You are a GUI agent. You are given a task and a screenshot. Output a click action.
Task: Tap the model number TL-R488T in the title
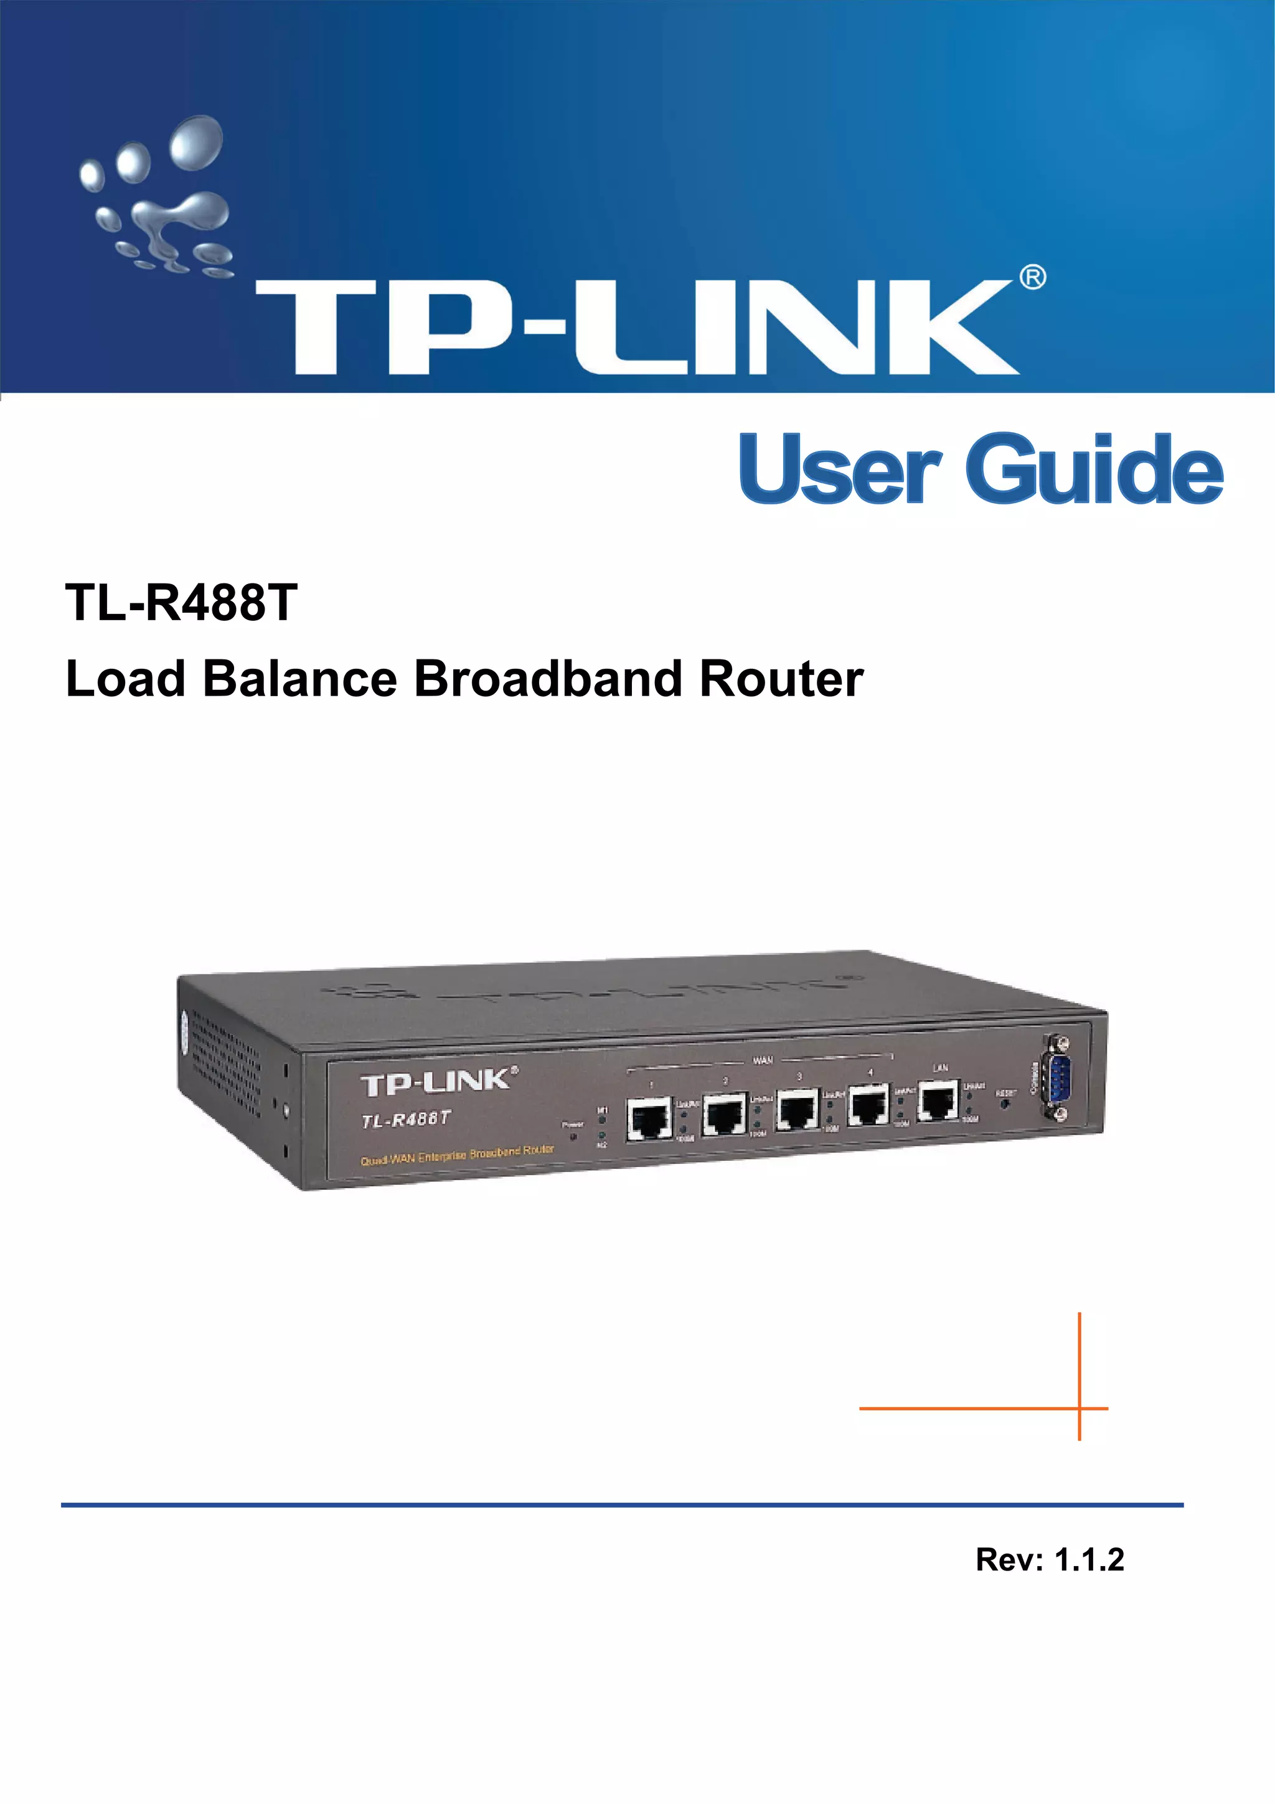point(181,603)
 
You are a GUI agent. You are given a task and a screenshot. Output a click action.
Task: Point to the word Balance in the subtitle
point(299,679)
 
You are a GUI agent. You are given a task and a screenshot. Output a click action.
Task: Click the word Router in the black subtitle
point(782,679)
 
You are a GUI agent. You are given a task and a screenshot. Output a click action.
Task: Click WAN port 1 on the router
point(648,1119)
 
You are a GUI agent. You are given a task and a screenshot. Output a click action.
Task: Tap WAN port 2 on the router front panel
point(723,1114)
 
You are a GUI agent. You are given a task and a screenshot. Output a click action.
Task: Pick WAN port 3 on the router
point(797,1110)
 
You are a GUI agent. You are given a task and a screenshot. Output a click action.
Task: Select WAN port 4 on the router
point(868,1107)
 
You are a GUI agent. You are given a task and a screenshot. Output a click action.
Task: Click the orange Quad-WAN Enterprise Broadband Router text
point(456,1155)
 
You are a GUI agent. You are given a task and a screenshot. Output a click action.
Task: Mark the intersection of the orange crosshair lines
point(1080,1409)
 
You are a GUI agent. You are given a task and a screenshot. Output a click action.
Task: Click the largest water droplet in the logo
point(196,142)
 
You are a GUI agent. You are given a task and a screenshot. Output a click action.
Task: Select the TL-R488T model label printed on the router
point(405,1120)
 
